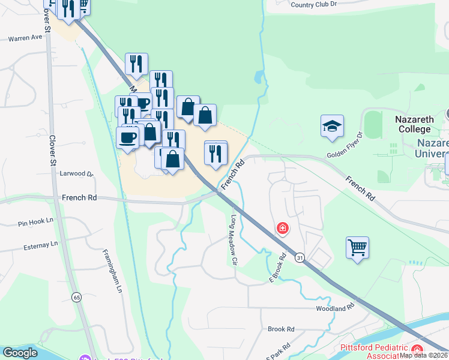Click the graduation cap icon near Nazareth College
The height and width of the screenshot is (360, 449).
coord(332,126)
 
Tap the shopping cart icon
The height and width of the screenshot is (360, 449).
coord(357,247)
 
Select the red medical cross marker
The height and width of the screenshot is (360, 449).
coord(282,228)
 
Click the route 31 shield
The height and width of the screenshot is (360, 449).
coord(299,257)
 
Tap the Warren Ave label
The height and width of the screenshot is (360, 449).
coord(25,37)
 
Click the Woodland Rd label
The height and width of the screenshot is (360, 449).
coord(336,308)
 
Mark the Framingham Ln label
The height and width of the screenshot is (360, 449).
coord(111,270)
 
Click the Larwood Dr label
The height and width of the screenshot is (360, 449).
coord(77,174)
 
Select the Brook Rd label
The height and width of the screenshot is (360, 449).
coord(281,329)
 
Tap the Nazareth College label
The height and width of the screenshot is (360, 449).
coord(414,124)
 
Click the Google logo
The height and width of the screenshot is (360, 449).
coord(20,353)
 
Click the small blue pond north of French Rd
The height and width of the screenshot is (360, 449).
coord(258,77)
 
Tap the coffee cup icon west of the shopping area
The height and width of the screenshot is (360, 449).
coord(127,137)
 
